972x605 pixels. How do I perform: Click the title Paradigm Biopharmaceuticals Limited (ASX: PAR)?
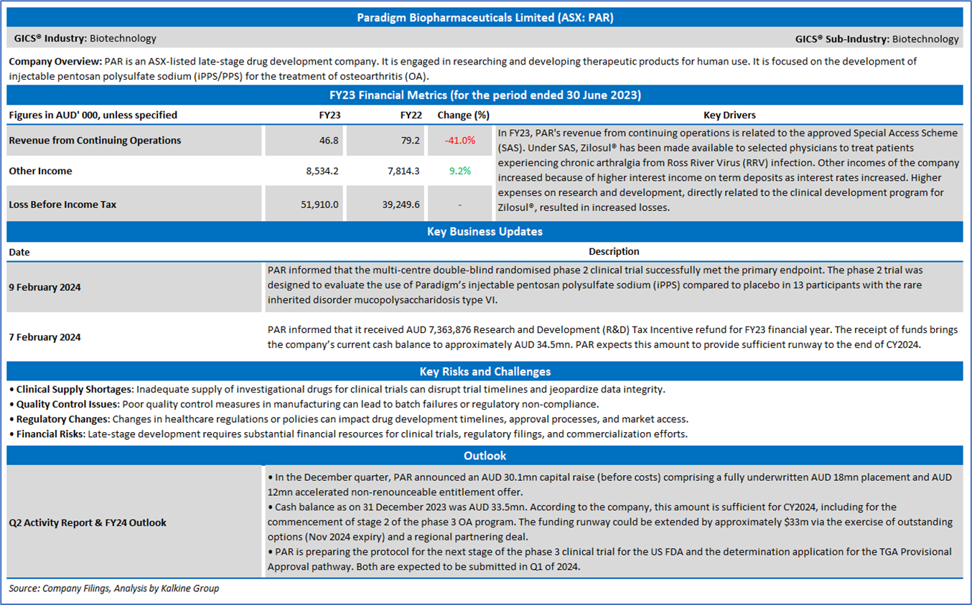coord(485,18)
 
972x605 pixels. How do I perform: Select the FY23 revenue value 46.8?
coord(329,141)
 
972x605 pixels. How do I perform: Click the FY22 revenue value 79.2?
coord(411,141)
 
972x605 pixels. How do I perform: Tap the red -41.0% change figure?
coord(460,141)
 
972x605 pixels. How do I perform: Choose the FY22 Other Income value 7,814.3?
coord(403,171)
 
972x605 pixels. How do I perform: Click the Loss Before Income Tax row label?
coord(62,205)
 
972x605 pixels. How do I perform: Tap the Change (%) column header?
coord(463,115)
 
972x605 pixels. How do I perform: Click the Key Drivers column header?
coord(729,115)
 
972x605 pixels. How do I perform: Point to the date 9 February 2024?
coord(45,287)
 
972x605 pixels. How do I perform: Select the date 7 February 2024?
coord(45,337)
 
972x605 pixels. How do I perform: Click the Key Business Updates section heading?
coord(485,232)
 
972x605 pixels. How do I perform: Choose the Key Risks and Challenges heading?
coord(485,371)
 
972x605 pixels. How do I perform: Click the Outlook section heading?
coord(485,456)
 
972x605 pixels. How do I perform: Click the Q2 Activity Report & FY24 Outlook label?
coord(88,522)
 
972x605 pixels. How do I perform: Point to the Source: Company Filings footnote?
coord(113,588)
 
